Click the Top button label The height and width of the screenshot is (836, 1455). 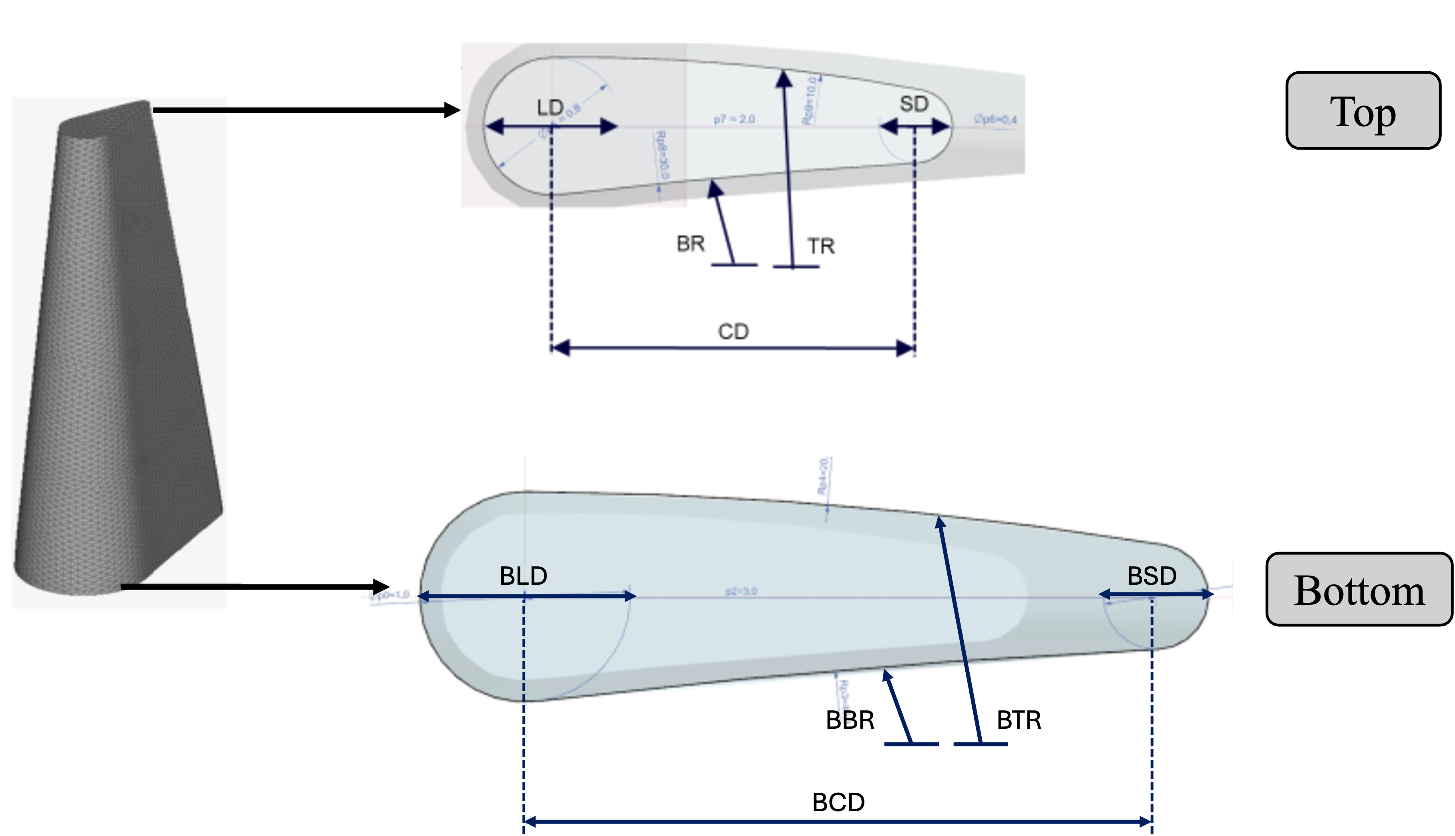(x=1363, y=111)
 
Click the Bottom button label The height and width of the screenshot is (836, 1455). (x=1359, y=591)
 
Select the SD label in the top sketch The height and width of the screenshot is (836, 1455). (x=914, y=104)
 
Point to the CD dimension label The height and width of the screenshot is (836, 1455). (x=733, y=332)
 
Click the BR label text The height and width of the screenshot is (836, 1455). (x=690, y=244)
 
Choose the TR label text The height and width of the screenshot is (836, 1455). (x=821, y=246)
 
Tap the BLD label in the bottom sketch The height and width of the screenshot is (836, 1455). (x=523, y=576)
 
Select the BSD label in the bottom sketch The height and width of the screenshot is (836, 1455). (x=1152, y=576)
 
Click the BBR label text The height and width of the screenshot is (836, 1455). (x=850, y=720)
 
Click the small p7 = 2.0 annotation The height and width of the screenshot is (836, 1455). (x=734, y=120)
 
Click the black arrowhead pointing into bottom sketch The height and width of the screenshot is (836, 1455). (x=381, y=587)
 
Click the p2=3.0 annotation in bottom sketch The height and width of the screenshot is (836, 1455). (x=741, y=591)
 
